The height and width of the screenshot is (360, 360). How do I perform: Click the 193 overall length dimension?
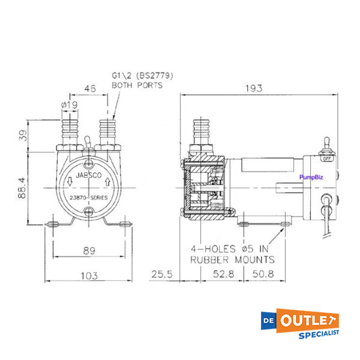point(254,88)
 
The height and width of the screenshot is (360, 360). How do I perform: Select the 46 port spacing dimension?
point(89,88)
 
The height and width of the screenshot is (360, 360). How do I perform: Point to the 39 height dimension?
point(23,135)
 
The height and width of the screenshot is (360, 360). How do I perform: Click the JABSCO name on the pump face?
point(89,176)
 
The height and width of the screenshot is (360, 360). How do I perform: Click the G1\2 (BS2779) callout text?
point(137,76)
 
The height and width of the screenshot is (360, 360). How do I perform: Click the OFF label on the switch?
point(328,159)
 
